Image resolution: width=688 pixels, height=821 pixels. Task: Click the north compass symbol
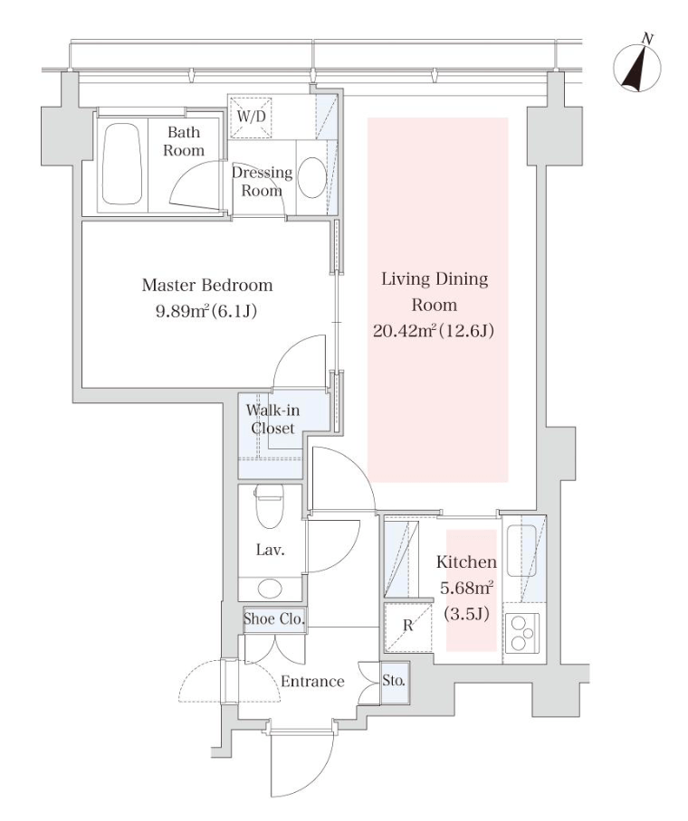[638, 66]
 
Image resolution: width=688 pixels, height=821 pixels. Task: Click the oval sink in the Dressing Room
[312, 177]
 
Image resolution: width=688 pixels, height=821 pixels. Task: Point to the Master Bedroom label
[207, 286]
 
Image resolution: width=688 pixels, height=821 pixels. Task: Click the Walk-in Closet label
[272, 420]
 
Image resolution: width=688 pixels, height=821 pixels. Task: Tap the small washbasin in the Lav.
[271, 589]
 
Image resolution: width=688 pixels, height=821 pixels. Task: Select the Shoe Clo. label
[273, 619]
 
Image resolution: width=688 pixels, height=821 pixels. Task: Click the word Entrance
[311, 682]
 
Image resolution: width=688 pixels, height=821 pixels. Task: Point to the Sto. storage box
[394, 680]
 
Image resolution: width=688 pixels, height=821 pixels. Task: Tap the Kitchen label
[465, 561]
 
